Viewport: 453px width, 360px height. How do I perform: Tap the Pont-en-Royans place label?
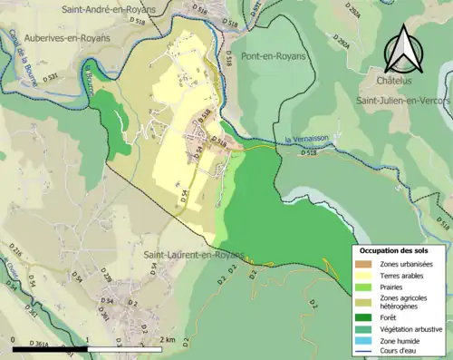click(x=275, y=55)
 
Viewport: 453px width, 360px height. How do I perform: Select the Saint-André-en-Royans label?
click(x=108, y=9)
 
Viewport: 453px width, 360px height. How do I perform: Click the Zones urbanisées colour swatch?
click(x=364, y=264)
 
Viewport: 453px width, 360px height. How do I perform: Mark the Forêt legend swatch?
click(x=364, y=317)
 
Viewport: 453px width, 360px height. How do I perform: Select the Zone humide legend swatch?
click(x=364, y=340)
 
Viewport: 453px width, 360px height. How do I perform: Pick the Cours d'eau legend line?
click(x=364, y=351)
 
